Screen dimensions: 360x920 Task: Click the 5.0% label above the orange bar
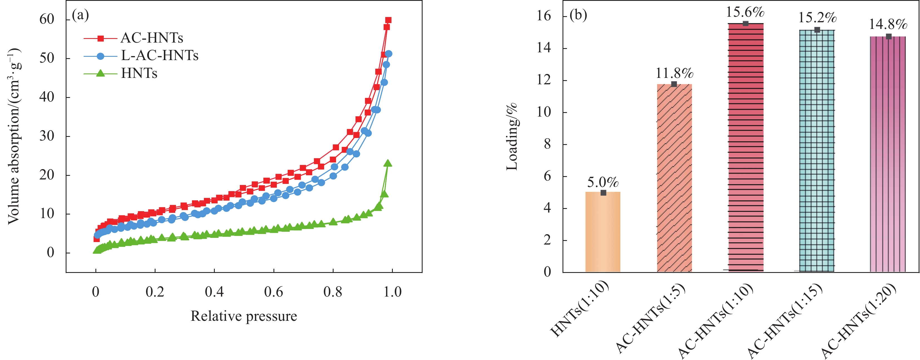[x=603, y=183]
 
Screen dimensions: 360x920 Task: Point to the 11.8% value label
[x=674, y=73]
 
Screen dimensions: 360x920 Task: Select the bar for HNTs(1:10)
[x=603, y=232]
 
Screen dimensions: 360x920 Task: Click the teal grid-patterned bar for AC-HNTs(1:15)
[x=817, y=150]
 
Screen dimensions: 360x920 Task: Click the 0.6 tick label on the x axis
[x=273, y=292]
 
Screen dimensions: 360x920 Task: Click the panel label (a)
[x=80, y=15]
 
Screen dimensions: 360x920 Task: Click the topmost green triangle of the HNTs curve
[x=388, y=163]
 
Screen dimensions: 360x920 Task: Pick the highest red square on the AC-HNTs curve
[x=388, y=20]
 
